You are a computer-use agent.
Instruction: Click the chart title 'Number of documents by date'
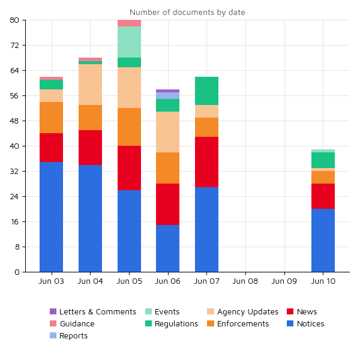[x=187, y=12]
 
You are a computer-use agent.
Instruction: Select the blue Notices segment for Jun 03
[x=51, y=217]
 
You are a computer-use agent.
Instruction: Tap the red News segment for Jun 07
[x=206, y=162]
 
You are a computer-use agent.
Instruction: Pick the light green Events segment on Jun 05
[x=129, y=42]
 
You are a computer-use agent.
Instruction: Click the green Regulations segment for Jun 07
[x=206, y=91]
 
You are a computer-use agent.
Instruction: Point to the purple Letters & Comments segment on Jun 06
[x=167, y=91]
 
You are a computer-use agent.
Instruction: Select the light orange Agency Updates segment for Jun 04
[x=90, y=85]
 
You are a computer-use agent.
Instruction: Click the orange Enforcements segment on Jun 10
[x=323, y=178]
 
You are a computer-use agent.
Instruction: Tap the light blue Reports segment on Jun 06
[x=167, y=96]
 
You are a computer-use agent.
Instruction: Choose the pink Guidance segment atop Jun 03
[x=51, y=79]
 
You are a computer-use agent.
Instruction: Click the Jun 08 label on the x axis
[x=245, y=281]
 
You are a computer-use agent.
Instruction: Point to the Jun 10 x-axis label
[x=323, y=281]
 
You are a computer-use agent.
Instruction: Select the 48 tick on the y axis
[x=15, y=121]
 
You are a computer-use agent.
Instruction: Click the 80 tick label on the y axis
[x=15, y=20]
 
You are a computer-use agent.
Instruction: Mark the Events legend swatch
[x=148, y=312]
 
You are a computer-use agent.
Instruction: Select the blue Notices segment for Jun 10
[x=323, y=240]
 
